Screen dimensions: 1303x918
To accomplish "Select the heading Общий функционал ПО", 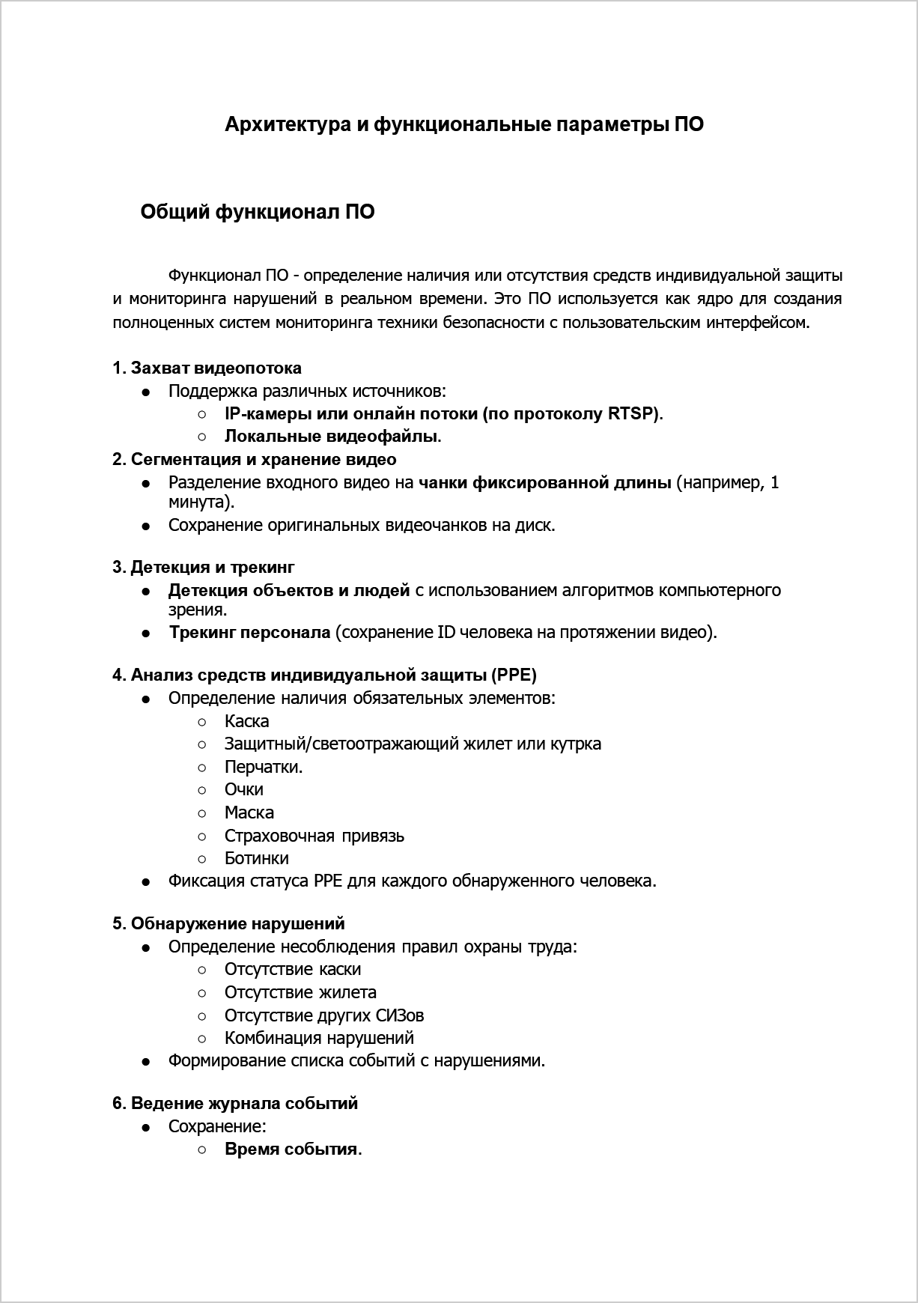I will (x=258, y=213).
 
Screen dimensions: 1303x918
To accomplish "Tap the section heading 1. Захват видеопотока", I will (x=207, y=368).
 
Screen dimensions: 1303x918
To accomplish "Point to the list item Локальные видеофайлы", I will (x=331, y=437).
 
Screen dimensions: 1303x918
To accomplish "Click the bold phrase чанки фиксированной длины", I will (x=544, y=483).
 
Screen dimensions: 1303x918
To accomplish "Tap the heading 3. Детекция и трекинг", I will (x=204, y=568).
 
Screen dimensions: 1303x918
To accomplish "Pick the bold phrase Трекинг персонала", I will (x=249, y=633).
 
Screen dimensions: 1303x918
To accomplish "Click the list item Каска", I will (x=246, y=722).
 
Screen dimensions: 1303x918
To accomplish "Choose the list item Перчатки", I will (x=263, y=768).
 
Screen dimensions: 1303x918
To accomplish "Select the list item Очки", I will (x=243, y=790).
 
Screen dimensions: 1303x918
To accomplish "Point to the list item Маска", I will (x=249, y=813).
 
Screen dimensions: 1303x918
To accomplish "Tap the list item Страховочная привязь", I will (x=314, y=836).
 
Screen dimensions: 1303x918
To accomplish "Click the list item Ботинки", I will (x=256, y=859).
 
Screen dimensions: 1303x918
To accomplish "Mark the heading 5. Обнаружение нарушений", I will (x=229, y=924).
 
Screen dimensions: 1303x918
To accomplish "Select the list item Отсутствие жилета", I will (x=300, y=993).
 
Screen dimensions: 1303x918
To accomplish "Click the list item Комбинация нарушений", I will (x=319, y=1039).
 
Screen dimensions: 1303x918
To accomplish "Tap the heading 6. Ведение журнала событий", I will (x=235, y=1104).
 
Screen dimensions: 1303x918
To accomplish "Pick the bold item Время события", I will (x=292, y=1150).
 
